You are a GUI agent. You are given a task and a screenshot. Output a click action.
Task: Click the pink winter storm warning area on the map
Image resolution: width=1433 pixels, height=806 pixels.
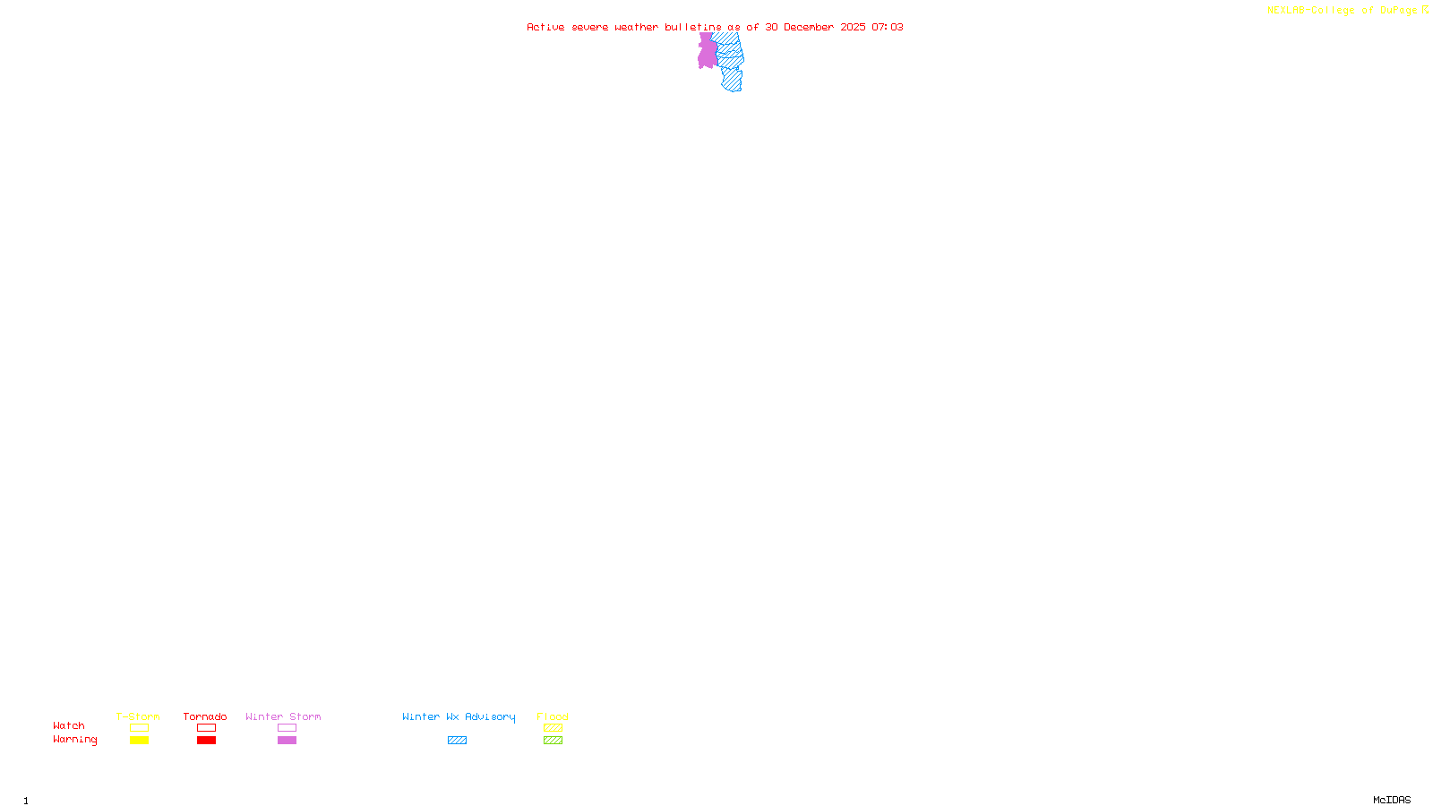pyautogui.click(x=707, y=52)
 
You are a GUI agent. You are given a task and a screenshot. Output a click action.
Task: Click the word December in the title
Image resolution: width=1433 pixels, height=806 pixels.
pyautogui.click(x=809, y=27)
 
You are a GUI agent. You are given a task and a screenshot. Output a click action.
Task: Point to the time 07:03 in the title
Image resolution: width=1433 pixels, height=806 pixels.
pyautogui.click(x=888, y=27)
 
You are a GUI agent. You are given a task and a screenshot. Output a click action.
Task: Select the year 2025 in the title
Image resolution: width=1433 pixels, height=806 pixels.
pyautogui.click(x=853, y=27)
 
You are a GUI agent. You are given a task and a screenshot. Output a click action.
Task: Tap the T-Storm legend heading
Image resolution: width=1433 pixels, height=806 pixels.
pyautogui.click(x=138, y=716)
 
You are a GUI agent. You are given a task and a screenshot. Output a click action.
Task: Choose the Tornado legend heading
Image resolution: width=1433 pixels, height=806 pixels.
pyautogui.click(x=205, y=716)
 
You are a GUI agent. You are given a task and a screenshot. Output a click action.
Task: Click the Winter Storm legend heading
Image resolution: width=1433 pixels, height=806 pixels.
pyautogui.click(x=283, y=716)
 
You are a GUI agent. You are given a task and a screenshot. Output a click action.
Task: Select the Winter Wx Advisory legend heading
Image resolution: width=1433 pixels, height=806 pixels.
pyautogui.click(x=459, y=716)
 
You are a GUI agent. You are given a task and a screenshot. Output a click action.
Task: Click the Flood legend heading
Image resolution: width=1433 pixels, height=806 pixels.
pyautogui.click(x=553, y=716)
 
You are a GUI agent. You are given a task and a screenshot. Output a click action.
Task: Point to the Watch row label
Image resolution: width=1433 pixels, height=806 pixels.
pyautogui.click(x=69, y=725)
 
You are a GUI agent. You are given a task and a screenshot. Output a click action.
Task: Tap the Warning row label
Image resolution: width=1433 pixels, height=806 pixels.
pyautogui.click(x=74, y=740)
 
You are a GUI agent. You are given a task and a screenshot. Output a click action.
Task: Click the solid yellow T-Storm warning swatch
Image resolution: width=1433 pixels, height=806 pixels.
pyautogui.click(x=139, y=741)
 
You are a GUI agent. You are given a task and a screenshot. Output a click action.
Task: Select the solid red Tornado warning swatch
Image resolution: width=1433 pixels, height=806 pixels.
pyautogui.click(x=207, y=741)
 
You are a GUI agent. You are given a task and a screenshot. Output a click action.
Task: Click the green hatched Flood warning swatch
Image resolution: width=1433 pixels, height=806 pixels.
pyautogui.click(x=553, y=741)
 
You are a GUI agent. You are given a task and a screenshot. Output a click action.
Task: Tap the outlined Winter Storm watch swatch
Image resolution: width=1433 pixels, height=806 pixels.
pyautogui.click(x=287, y=728)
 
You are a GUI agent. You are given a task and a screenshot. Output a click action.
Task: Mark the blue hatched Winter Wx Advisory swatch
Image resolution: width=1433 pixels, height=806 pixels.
pyautogui.click(x=457, y=741)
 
